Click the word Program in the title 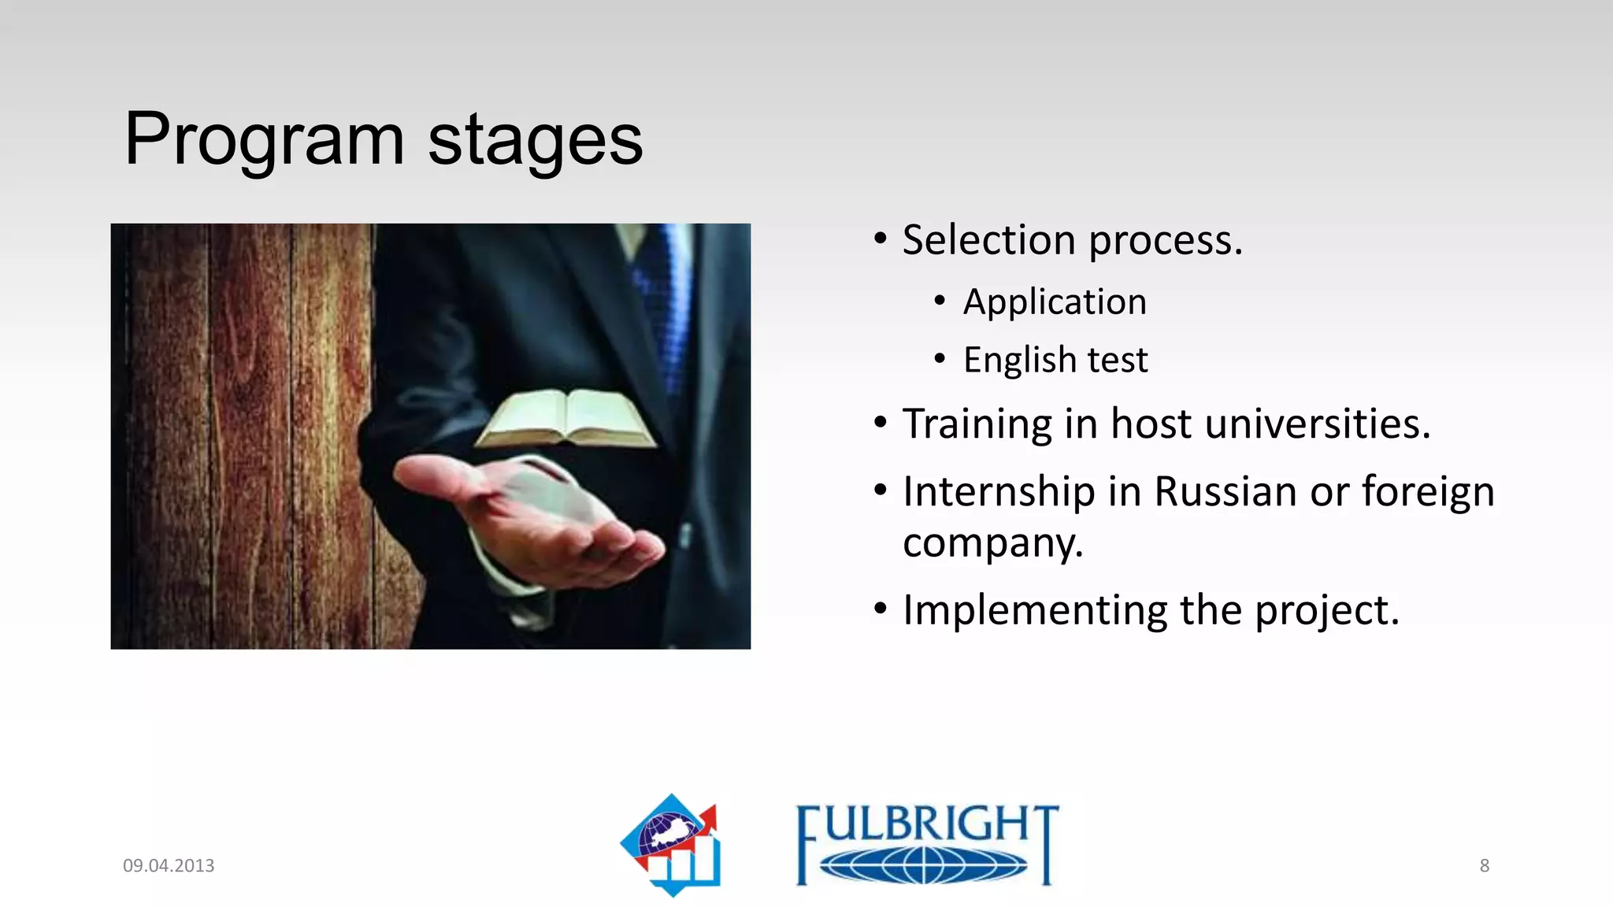pyautogui.click(x=264, y=140)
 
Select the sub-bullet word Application pyautogui.click(x=1055, y=302)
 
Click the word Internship pyautogui.click(x=999, y=491)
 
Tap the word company pyautogui.click(x=992, y=543)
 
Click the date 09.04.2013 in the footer pyautogui.click(x=169, y=865)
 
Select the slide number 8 pyautogui.click(x=1484, y=865)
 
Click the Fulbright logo pyautogui.click(x=926, y=845)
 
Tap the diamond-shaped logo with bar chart pyautogui.click(x=672, y=845)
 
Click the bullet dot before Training pyautogui.click(x=881, y=424)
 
